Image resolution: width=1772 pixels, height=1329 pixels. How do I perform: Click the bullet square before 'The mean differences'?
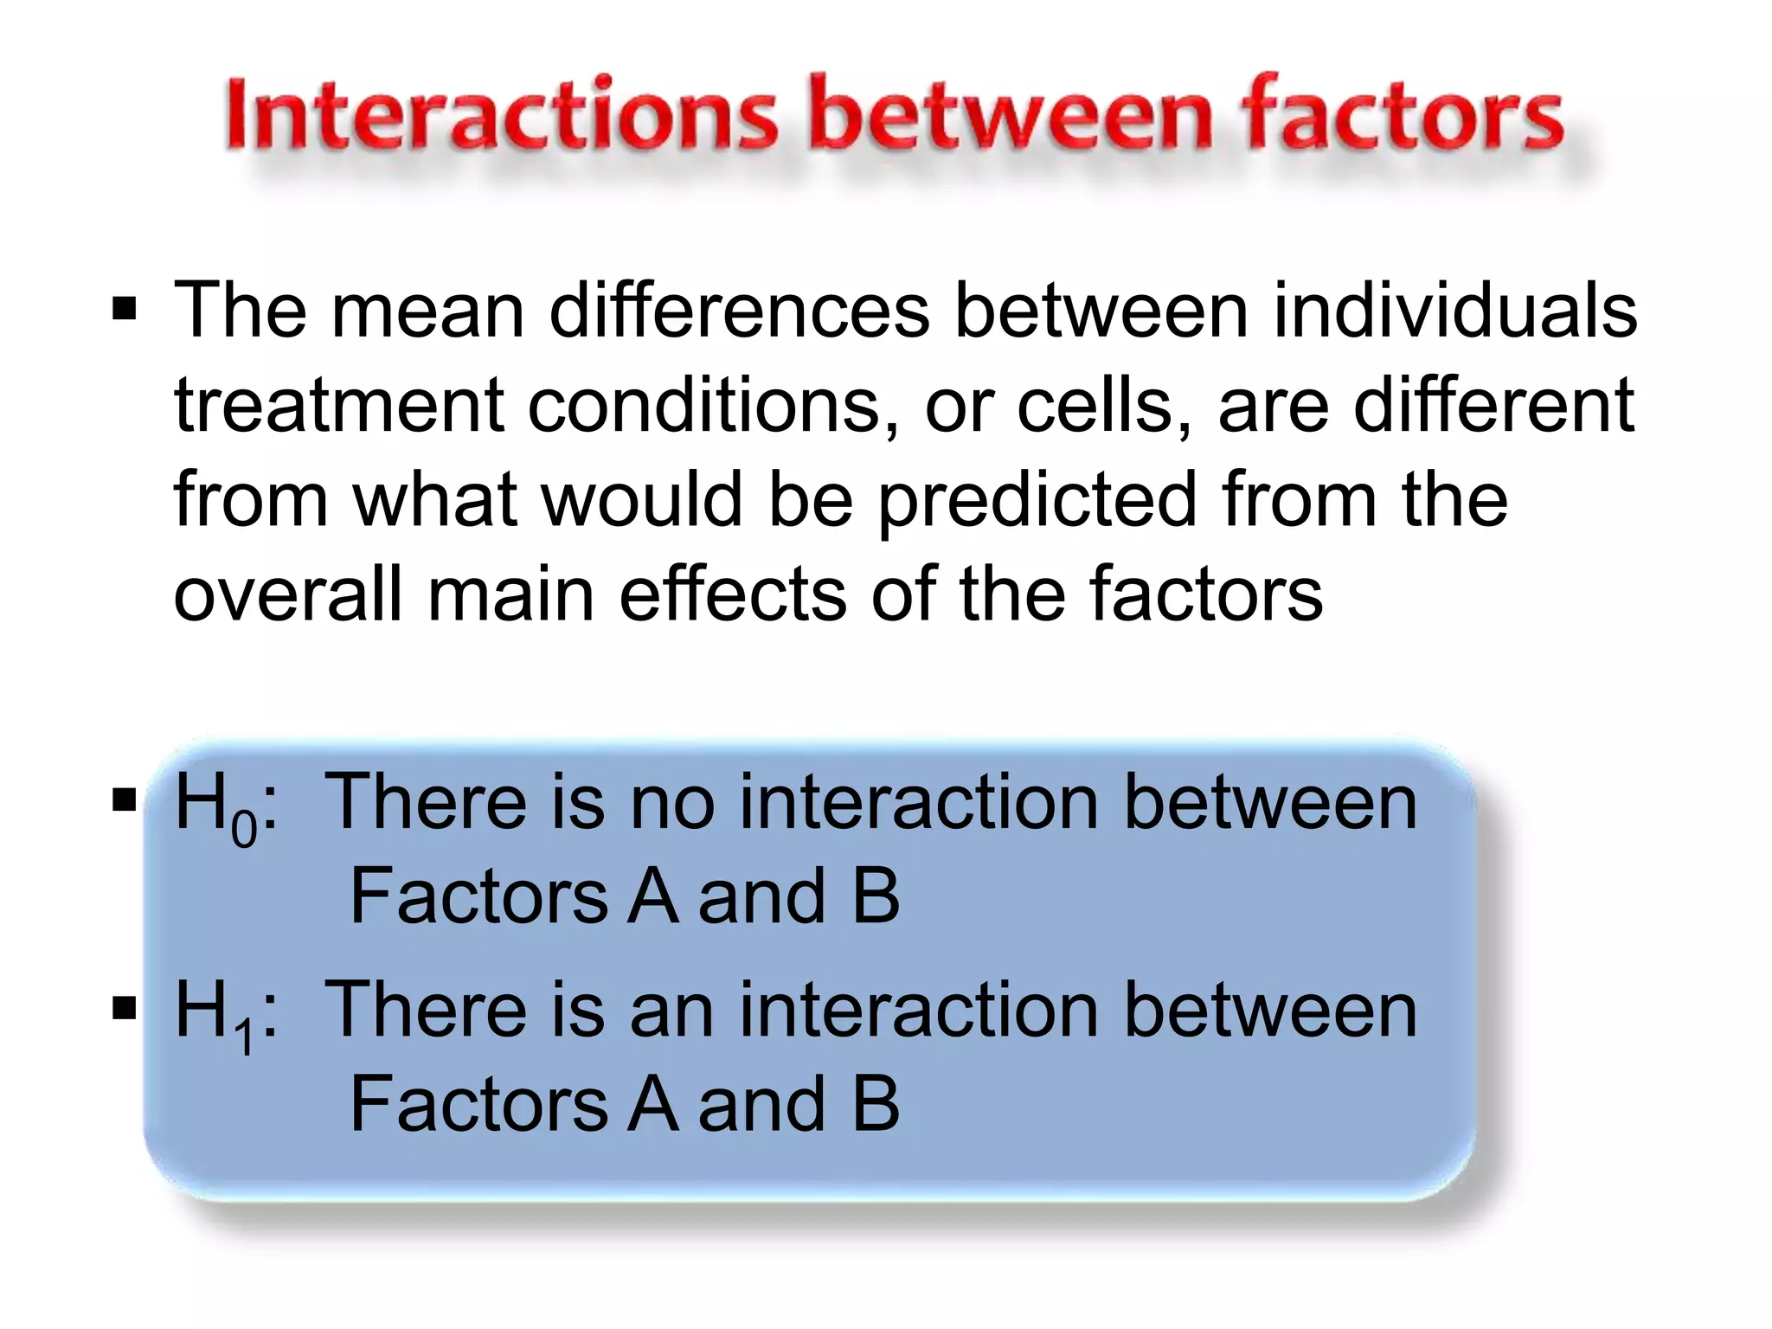[x=125, y=309]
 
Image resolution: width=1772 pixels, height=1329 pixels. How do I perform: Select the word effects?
[x=732, y=594]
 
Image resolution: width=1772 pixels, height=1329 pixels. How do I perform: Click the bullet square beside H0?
[x=125, y=801]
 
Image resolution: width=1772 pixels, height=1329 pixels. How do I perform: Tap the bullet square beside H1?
[x=125, y=1008]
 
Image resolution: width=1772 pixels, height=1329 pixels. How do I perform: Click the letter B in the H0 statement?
[x=876, y=896]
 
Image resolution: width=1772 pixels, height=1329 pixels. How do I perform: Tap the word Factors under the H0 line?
[x=478, y=896]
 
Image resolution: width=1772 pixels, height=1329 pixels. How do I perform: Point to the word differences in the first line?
[x=739, y=311]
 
